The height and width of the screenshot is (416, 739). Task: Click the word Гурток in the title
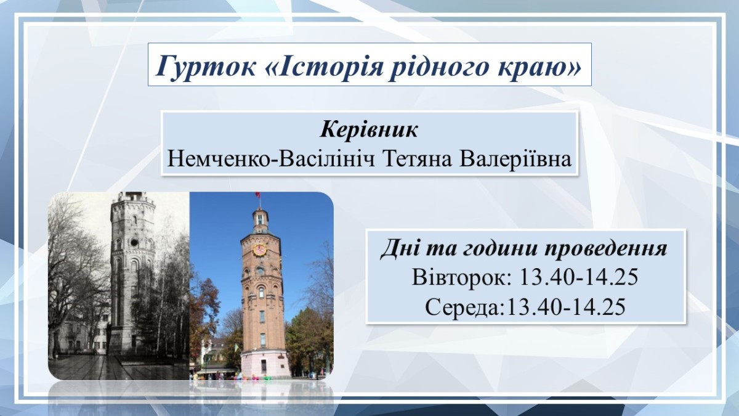(x=206, y=66)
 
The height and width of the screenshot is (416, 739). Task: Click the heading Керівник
(x=369, y=129)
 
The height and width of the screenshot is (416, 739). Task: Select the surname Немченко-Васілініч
(x=271, y=158)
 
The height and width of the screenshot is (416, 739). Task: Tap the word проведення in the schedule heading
(x=605, y=248)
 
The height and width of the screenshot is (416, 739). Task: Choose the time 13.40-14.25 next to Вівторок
(x=579, y=277)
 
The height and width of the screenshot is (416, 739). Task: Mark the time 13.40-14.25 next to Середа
(x=565, y=307)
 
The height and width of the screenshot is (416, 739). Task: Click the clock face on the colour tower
(x=260, y=250)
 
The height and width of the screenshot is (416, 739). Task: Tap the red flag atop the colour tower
(x=257, y=195)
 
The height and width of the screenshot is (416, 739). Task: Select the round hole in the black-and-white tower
(x=134, y=243)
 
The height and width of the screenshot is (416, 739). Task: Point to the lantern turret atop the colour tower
(x=260, y=219)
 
